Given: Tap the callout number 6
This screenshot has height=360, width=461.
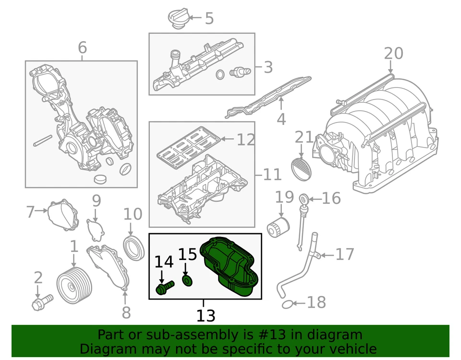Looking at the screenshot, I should (x=82, y=48).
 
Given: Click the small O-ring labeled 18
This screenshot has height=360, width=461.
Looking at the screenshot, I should (x=286, y=304).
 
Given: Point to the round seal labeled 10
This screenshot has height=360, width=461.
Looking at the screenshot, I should (x=134, y=247).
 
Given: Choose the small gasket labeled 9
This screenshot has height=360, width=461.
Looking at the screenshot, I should (x=95, y=229).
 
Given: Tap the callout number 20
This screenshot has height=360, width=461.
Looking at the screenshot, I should (x=393, y=54).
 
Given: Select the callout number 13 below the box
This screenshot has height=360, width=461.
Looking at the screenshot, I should (x=206, y=316).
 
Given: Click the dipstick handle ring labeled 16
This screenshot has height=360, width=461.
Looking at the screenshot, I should (x=303, y=198).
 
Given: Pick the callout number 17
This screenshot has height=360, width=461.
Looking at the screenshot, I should (x=344, y=254).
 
